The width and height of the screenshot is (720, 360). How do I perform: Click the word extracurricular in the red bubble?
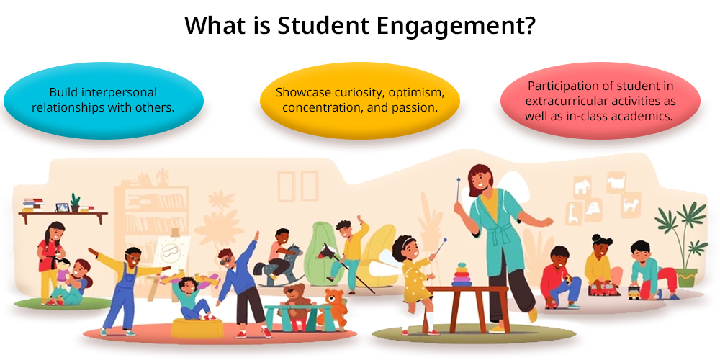pos(558,100)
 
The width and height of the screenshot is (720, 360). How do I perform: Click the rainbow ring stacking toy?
pos(462,274)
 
